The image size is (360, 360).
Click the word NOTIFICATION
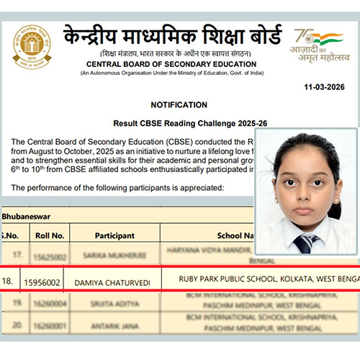(x=180, y=104)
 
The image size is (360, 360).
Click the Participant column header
(x=114, y=235)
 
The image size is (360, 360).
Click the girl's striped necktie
(x=305, y=243)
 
